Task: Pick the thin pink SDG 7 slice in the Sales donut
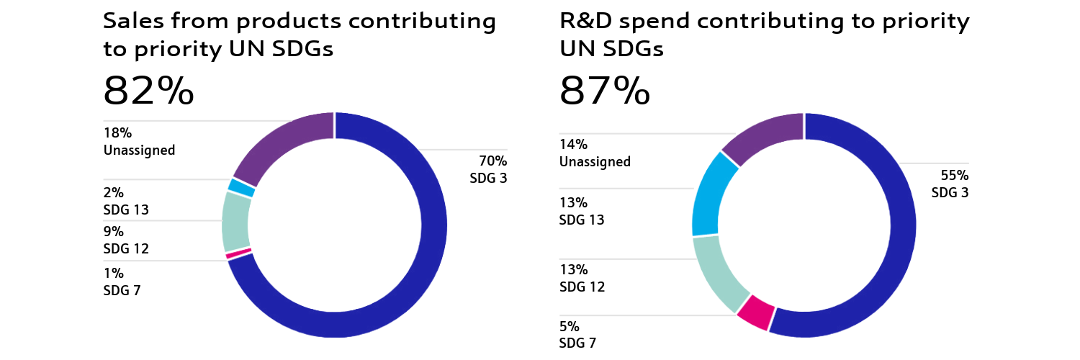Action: pyautogui.click(x=238, y=253)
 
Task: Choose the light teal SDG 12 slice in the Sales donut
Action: pyautogui.click(x=235, y=221)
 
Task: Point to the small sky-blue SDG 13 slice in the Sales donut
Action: pyautogui.click(x=242, y=187)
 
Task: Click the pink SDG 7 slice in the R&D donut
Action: pyautogui.click(x=753, y=312)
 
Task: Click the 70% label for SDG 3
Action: pyautogui.click(x=493, y=161)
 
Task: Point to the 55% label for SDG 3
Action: pyautogui.click(x=955, y=176)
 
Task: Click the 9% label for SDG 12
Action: pyautogui.click(x=114, y=232)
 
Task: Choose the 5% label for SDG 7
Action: pyautogui.click(x=570, y=325)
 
